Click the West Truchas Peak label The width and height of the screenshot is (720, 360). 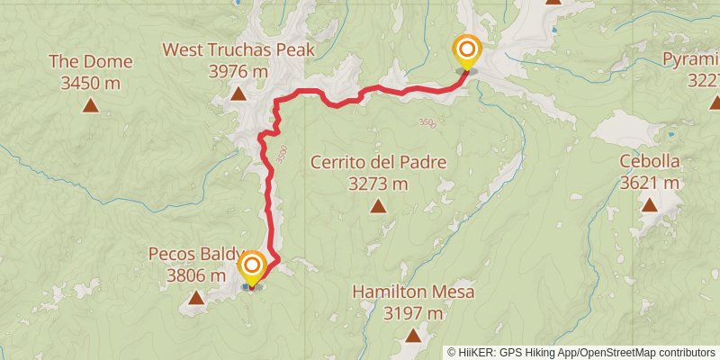[x=238, y=49]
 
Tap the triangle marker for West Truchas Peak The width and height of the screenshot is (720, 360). [x=238, y=93]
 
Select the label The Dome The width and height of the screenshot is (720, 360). [x=91, y=62]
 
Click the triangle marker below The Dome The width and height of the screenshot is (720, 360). [x=91, y=105]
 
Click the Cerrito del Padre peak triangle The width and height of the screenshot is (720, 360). [x=378, y=206]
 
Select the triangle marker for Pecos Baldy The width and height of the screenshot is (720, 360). [x=195, y=296]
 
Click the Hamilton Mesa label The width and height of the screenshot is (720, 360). [x=413, y=292]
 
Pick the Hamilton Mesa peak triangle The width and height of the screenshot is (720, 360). [x=413, y=336]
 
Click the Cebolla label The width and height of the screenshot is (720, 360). [x=649, y=162]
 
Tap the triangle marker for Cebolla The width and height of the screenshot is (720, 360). [x=649, y=205]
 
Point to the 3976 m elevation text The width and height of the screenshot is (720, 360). [x=238, y=70]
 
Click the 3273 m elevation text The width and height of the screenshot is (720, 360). [x=378, y=184]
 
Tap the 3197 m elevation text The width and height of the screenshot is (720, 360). [x=413, y=313]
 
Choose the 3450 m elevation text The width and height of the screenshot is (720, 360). [x=91, y=83]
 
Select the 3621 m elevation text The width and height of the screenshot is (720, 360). [x=649, y=183]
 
